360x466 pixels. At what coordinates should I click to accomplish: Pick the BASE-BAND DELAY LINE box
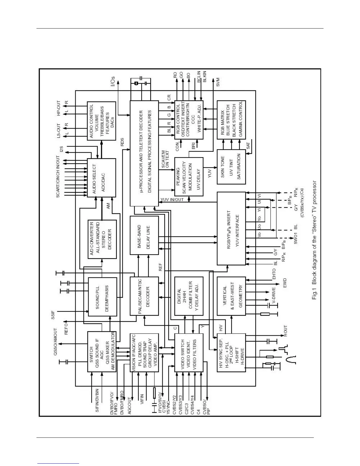pyautogui.click(x=144, y=235)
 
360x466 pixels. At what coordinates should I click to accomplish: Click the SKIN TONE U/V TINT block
pyautogui.click(x=231, y=167)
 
